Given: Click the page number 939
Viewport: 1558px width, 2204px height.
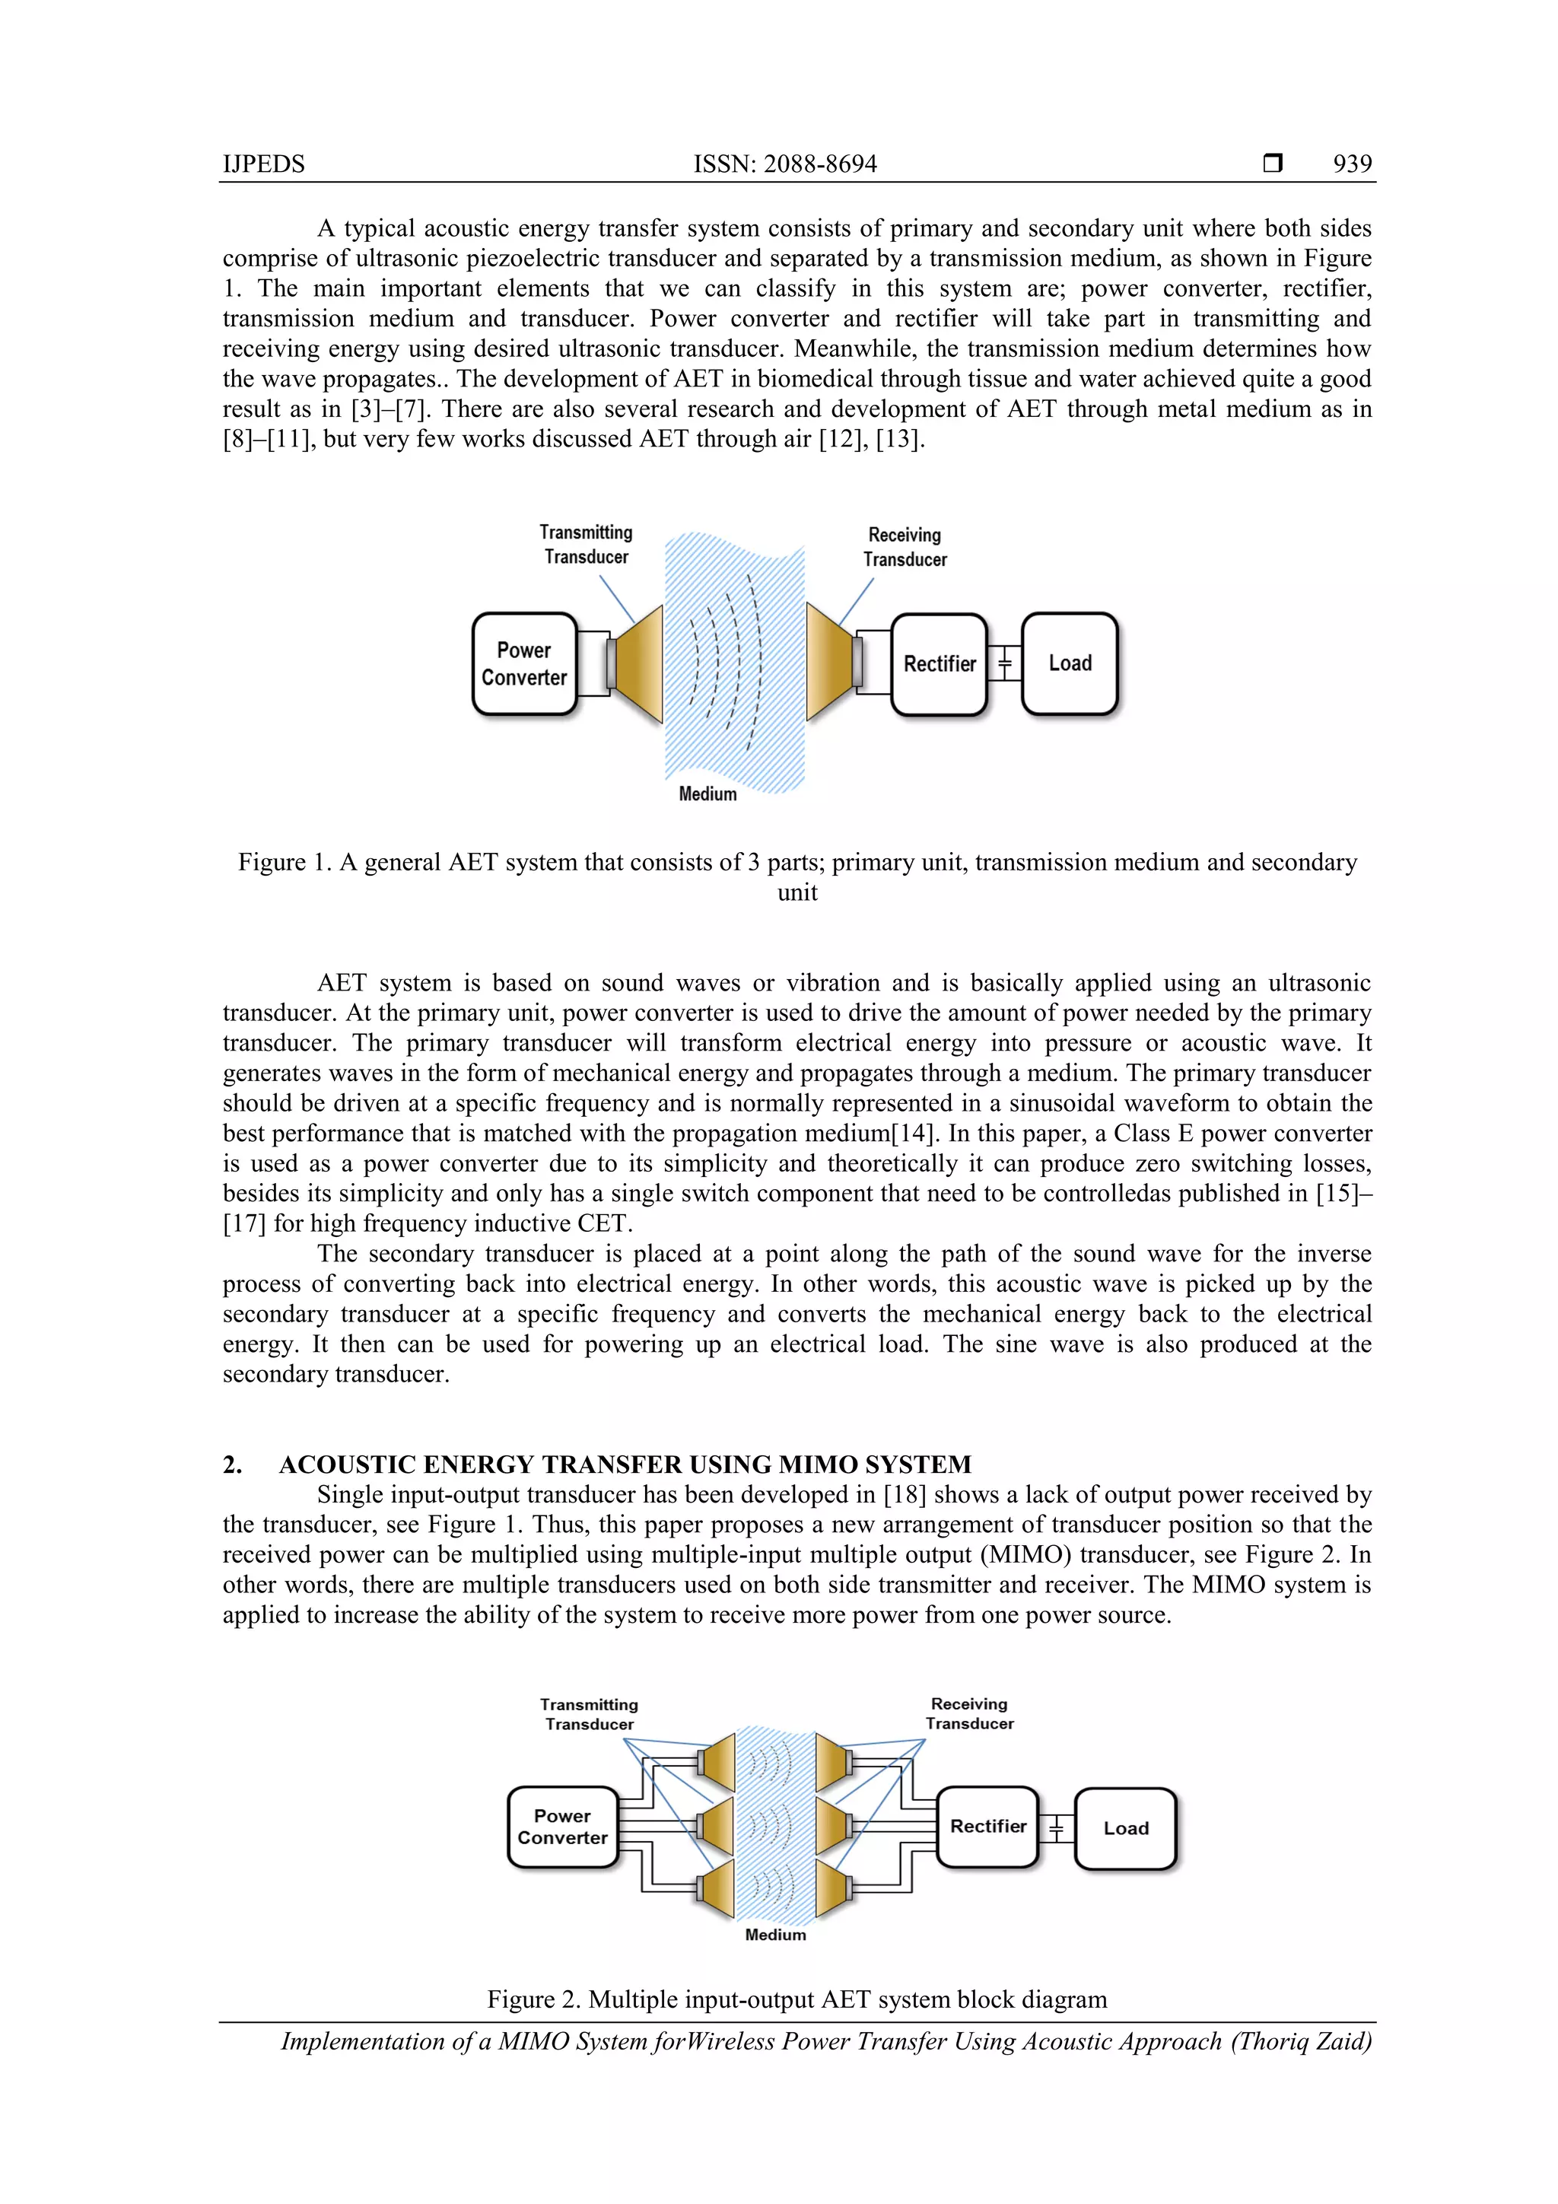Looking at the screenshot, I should (x=1352, y=164).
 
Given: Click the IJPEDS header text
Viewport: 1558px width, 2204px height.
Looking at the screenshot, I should (x=263, y=164).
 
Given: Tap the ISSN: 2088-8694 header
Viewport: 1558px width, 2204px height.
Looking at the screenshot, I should (x=784, y=164).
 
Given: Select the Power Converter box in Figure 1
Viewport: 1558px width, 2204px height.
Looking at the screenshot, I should (x=524, y=664).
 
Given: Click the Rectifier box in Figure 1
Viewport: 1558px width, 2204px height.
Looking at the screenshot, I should (x=939, y=664).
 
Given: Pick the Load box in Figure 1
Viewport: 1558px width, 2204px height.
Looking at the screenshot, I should (x=1070, y=663).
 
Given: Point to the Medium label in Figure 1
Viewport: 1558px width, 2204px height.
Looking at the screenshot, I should (x=707, y=794).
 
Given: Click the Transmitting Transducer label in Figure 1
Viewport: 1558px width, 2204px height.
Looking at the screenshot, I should (x=586, y=544).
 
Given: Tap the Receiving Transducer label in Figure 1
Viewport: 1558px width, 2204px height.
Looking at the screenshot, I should (x=905, y=547).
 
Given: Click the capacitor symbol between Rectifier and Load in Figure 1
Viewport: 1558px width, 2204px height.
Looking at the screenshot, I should (x=1005, y=663).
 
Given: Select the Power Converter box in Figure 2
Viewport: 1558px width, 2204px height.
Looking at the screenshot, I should (x=562, y=1827).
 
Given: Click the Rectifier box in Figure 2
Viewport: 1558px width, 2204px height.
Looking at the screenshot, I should (x=987, y=1826).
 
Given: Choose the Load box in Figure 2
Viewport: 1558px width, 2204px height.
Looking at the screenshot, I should (x=1125, y=1829).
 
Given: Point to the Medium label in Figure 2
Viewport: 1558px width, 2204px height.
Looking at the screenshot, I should (x=776, y=1935).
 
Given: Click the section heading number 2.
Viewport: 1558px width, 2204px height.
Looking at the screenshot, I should (x=231, y=1465).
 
